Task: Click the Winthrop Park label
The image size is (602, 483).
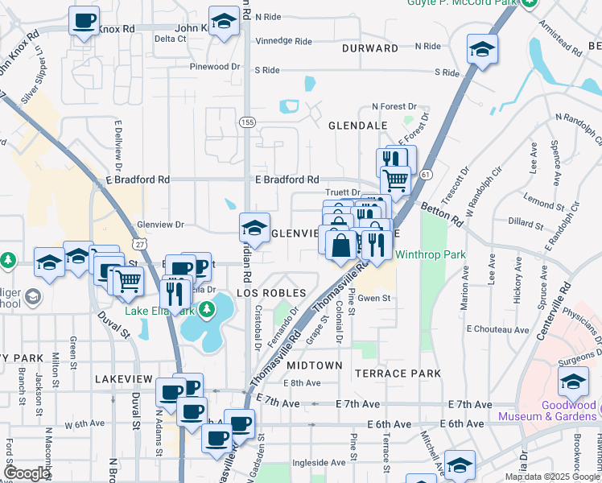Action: (x=431, y=255)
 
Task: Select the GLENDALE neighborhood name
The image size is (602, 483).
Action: (x=358, y=126)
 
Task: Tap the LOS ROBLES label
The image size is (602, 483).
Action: (x=271, y=292)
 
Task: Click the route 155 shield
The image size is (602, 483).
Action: (x=246, y=122)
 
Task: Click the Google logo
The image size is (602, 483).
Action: (x=26, y=473)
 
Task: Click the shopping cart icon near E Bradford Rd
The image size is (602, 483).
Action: (x=396, y=179)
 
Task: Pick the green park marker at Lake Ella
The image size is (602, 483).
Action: (x=207, y=308)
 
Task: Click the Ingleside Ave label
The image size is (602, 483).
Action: (x=319, y=463)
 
